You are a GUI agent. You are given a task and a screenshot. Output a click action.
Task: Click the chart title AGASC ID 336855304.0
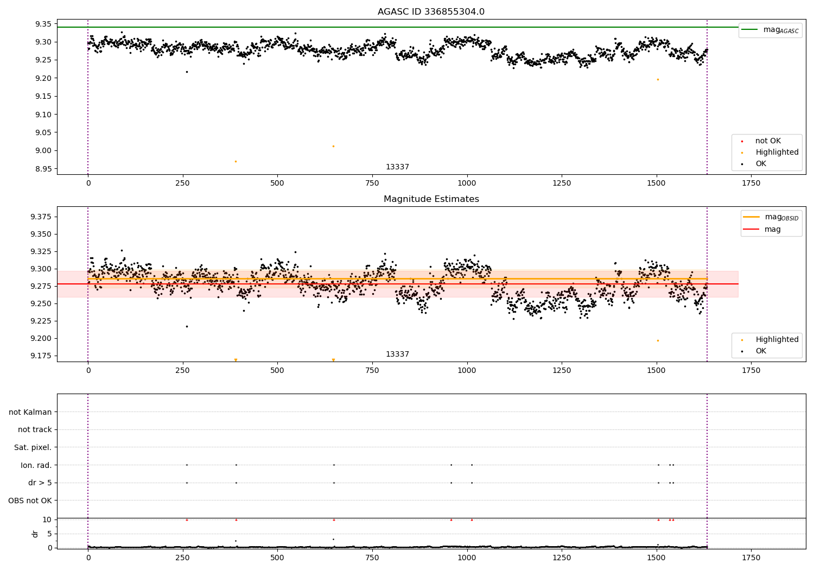click(x=431, y=12)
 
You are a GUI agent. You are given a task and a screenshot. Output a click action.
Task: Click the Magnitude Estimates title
click(x=431, y=199)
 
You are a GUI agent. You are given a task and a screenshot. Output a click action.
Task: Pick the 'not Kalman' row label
click(x=30, y=412)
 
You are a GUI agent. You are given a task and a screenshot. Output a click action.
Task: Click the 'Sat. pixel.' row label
click(x=33, y=447)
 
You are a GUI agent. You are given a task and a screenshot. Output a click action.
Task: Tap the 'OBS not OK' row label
click(x=30, y=501)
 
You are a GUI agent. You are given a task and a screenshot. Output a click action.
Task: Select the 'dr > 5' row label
click(x=40, y=483)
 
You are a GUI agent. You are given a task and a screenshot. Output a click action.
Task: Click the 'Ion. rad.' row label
click(x=36, y=465)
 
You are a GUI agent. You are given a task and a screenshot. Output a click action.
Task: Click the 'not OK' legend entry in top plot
click(x=768, y=141)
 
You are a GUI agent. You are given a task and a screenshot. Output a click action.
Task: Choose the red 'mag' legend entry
click(x=772, y=229)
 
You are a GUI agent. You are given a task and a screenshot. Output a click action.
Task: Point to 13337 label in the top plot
click(x=397, y=167)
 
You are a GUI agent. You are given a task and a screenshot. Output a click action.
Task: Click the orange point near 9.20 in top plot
click(x=658, y=79)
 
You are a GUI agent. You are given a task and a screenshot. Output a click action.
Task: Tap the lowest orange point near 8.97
click(x=236, y=161)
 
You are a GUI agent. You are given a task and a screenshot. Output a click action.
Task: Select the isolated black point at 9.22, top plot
click(x=187, y=72)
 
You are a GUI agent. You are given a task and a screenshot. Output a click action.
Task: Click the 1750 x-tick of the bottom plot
click(x=751, y=558)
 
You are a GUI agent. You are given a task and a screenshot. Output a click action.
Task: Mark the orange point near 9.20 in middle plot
click(x=658, y=340)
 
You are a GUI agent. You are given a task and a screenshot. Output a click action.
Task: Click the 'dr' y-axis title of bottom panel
click(x=35, y=534)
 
